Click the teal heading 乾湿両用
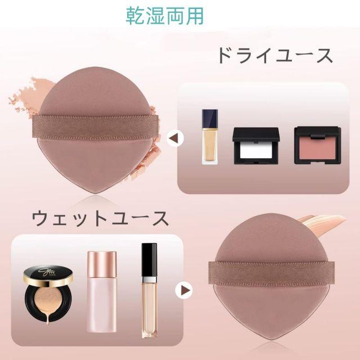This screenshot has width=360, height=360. [x=165, y=16]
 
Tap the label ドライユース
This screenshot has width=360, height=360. [x=275, y=56]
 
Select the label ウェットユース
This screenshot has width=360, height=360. [x=100, y=219]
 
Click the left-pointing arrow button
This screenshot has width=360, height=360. [x=175, y=138]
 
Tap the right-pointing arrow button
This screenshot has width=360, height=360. [x=184, y=290]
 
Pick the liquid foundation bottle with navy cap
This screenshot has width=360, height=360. [x=210, y=137]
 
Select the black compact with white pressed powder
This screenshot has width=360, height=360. [x=256, y=146]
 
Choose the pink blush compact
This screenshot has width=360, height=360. [x=317, y=145]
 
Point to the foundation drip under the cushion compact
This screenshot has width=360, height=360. [x=48, y=321]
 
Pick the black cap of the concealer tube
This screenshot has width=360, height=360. [x=149, y=260]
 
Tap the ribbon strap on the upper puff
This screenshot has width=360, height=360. [x=96, y=127]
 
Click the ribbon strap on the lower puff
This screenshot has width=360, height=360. [x=271, y=274]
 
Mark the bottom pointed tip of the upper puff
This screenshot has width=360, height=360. [x=95, y=193]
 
